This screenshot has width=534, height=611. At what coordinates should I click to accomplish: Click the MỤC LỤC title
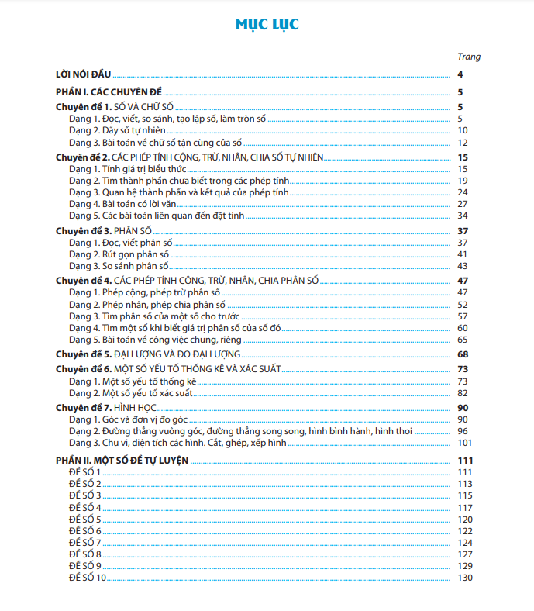[267, 25]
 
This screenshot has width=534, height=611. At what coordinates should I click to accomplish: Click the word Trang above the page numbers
[469, 57]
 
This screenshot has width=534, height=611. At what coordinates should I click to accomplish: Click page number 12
[462, 143]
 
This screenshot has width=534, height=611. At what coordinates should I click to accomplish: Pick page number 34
[462, 216]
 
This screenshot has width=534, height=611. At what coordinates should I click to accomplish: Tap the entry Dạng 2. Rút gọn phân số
[119, 254]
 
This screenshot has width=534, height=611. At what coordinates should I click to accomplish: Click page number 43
[462, 266]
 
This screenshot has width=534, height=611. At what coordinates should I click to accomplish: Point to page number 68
[462, 354]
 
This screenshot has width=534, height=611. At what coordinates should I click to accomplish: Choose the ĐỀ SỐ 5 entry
[85, 519]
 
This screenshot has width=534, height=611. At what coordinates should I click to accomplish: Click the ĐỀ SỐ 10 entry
[88, 578]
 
